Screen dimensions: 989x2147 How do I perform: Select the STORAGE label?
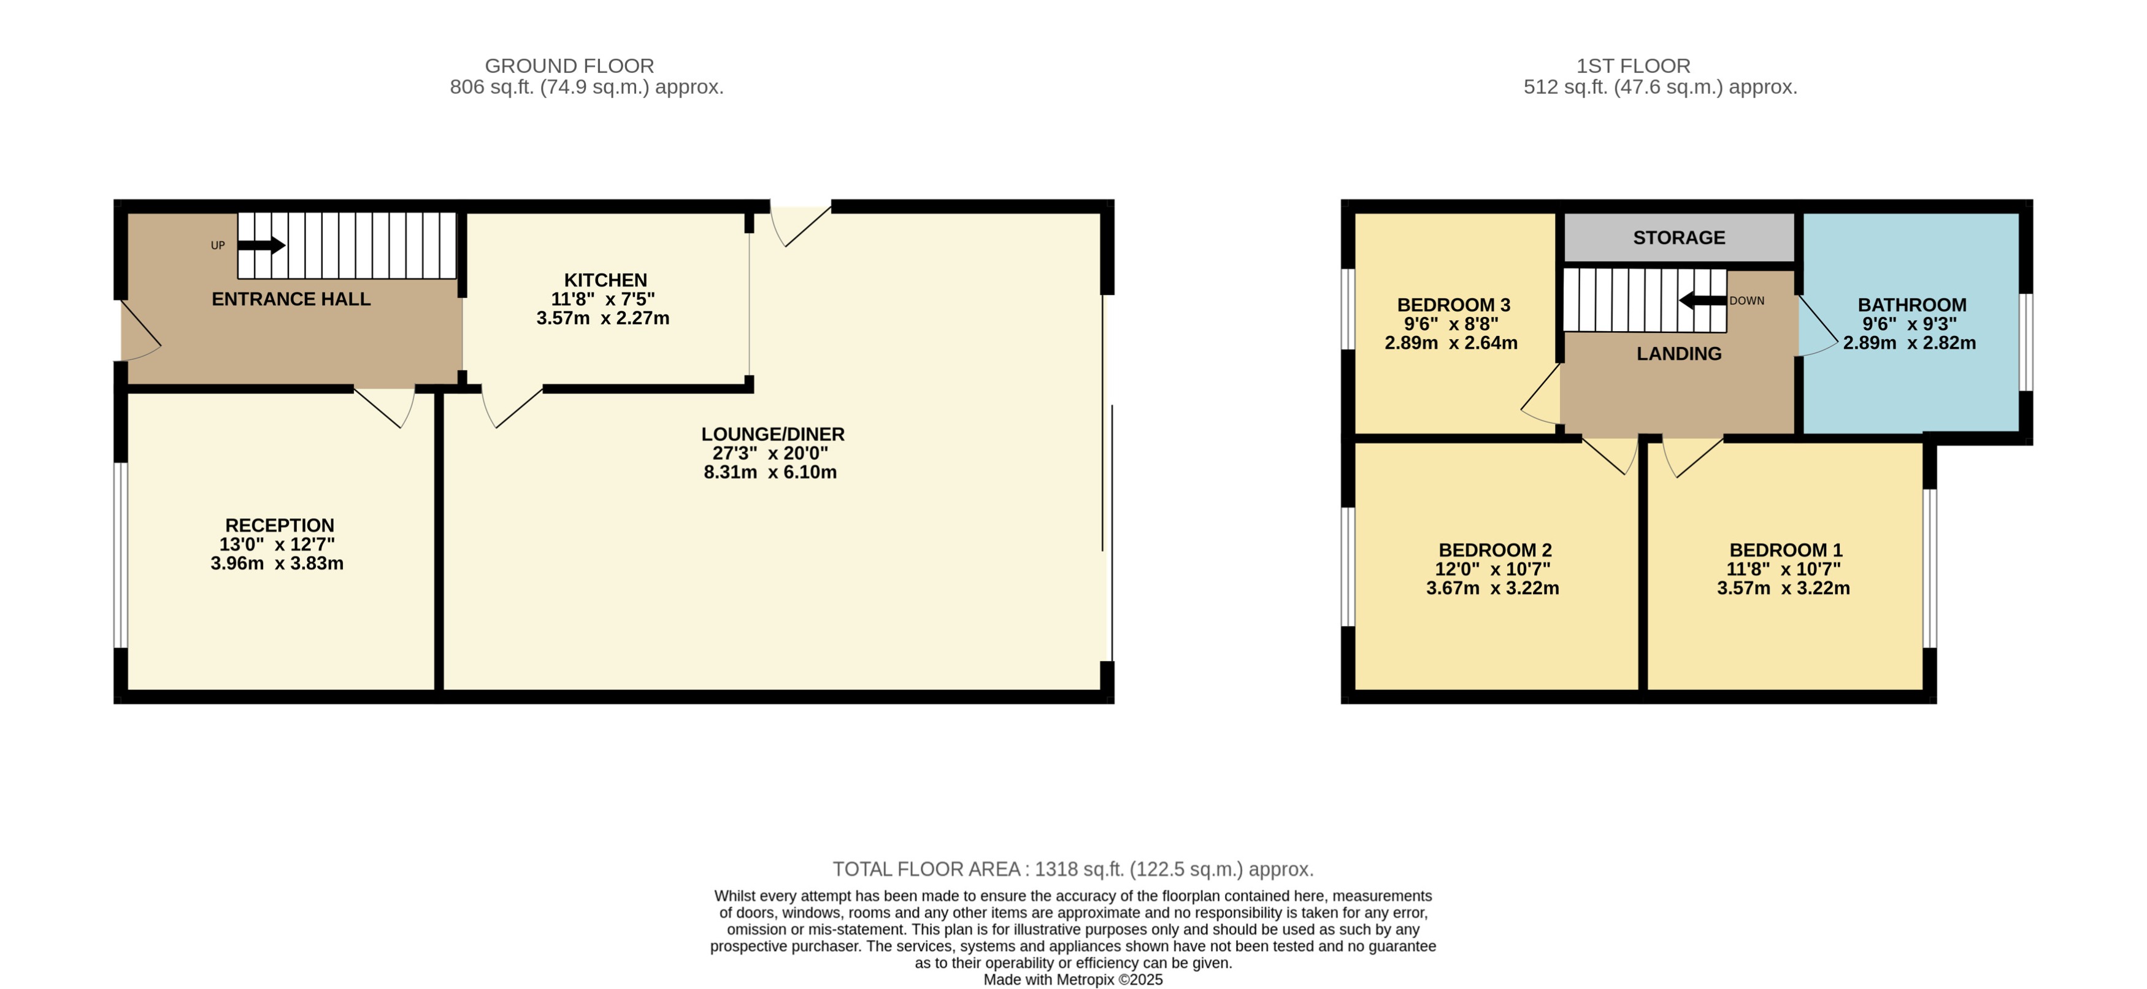click(x=1678, y=237)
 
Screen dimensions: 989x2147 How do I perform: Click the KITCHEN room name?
click(x=605, y=280)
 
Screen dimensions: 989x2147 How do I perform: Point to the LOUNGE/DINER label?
click(x=773, y=434)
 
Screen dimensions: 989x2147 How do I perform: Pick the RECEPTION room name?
click(x=279, y=525)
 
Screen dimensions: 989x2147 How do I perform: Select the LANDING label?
click(x=1678, y=353)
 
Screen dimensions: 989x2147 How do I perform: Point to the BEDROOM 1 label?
click(x=1785, y=550)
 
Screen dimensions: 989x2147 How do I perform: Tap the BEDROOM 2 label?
click(x=1494, y=550)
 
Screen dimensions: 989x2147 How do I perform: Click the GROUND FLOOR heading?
click(x=569, y=66)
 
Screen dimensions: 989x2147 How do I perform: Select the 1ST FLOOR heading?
click(x=1633, y=66)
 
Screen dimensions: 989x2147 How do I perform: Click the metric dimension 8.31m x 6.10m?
click(x=770, y=472)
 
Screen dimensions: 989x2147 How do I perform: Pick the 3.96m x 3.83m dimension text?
click(x=277, y=563)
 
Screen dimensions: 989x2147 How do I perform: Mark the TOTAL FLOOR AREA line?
click(x=1073, y=869)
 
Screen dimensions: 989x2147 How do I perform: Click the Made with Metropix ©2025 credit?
click(x=1073, y=980)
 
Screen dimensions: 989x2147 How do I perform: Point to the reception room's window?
click(x=121, y=555)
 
